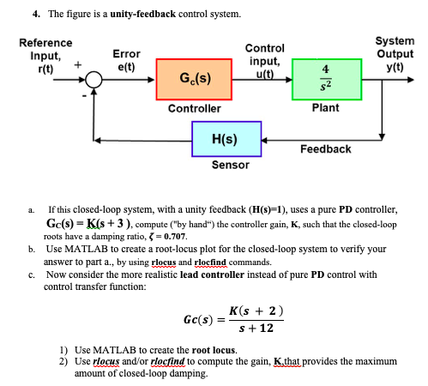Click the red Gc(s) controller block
pos(194,80)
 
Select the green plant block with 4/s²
pos(326,80)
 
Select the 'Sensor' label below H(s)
pos(230,165)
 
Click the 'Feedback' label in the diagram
pos(325,149)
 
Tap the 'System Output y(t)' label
pos(394,53)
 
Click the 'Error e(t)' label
pos(126,59)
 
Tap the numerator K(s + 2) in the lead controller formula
pos(258,310)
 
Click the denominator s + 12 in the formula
pos(258,329)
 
